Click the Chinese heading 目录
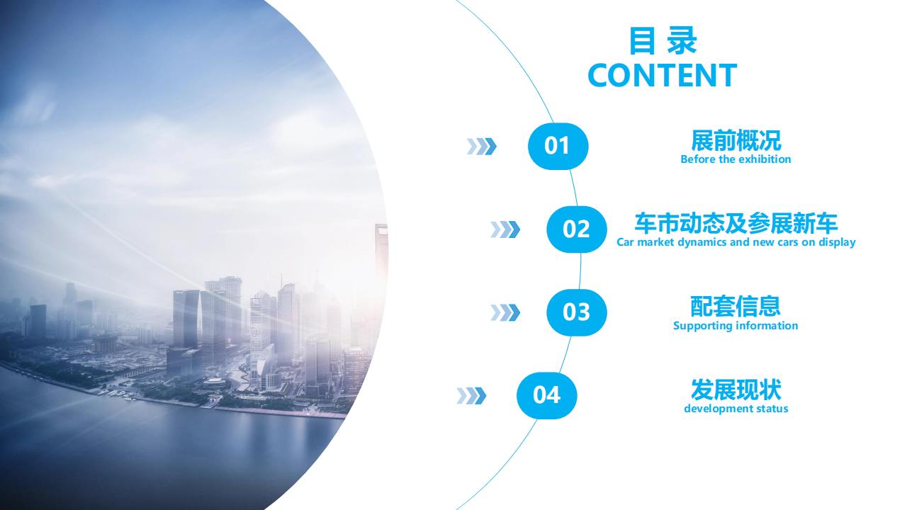coord(663,40)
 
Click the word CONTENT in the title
coord(662,75)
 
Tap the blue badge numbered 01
coord(558,146)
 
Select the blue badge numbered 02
coord(577,229)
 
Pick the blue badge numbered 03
coord(577,312)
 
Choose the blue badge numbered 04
coord(546,395)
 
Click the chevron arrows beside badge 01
coord(481,147)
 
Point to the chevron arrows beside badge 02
coord(505,229)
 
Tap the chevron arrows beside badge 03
coord(505,312)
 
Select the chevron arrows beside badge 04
coord(471,396)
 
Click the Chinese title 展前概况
coord(736,140)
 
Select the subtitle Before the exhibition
coord(736,159)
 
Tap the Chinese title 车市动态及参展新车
coord(736,223)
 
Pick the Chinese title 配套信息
coord(736,307)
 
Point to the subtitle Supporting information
coord(736,326)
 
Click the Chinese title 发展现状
coord(736,390)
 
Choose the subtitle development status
coord(736,409)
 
